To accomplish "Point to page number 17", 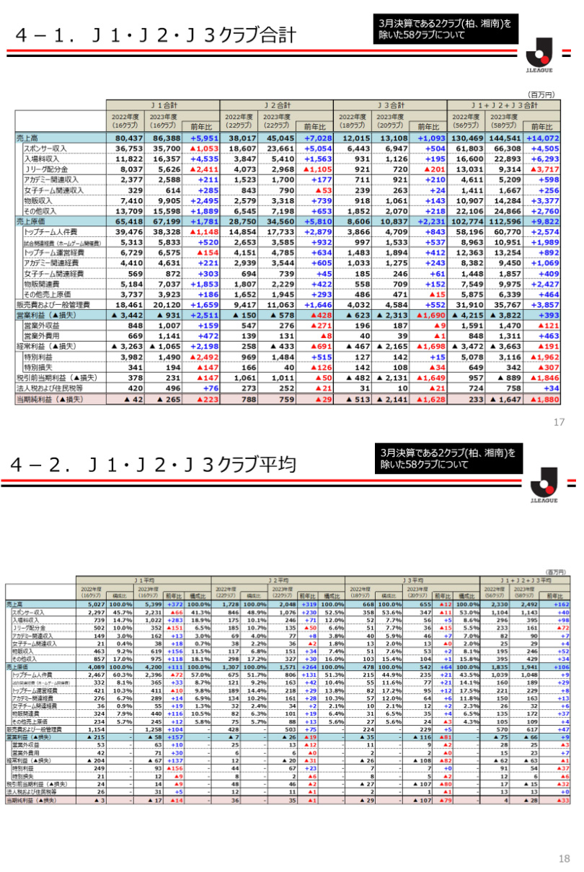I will coord(559,422).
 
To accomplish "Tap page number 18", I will coord(563,858).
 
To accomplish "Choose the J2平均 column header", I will coord(278,579).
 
